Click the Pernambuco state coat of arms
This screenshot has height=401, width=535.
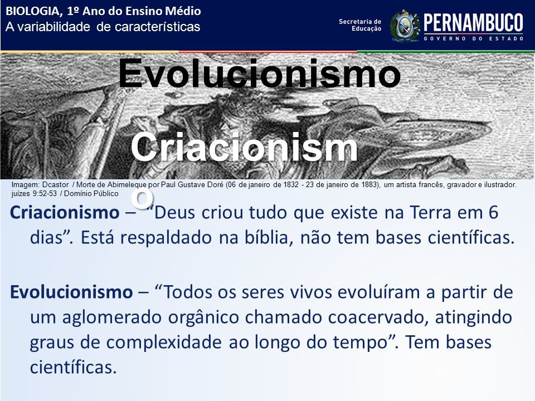[405, 26]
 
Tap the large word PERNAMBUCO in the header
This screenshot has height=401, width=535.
[473, 23]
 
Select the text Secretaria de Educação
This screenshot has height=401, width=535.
[359, 25]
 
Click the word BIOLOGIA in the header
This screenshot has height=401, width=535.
[32, 11]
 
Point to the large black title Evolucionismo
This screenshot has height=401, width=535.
[259, 73]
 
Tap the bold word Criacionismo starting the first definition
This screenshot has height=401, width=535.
[65, 212]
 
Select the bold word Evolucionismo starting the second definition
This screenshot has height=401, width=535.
[71, 292]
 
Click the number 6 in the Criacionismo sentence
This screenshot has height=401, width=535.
[493, 212]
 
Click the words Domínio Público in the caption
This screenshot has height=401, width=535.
[91, 194]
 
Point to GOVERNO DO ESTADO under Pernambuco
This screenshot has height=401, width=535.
[473, 38]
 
